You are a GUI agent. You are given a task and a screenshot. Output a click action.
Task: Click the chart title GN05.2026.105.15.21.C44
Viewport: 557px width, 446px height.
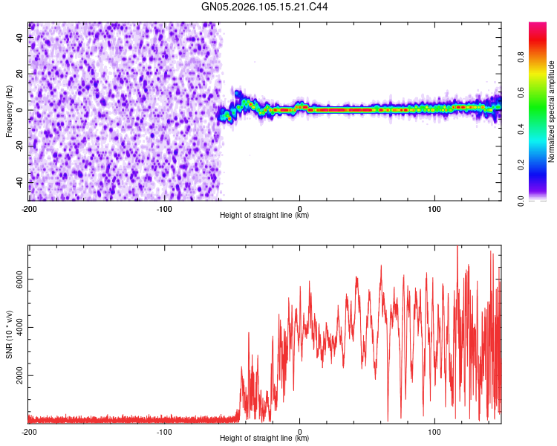point(265,7)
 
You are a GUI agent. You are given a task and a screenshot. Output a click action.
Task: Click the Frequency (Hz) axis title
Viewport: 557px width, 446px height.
point(9,111)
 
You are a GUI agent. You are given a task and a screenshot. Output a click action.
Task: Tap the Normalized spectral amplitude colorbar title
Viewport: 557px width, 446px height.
point(551,111)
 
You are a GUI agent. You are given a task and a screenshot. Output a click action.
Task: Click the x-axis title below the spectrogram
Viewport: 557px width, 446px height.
point(264,216)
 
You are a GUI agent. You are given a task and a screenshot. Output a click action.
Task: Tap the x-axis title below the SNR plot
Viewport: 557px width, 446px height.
point(264,439)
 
